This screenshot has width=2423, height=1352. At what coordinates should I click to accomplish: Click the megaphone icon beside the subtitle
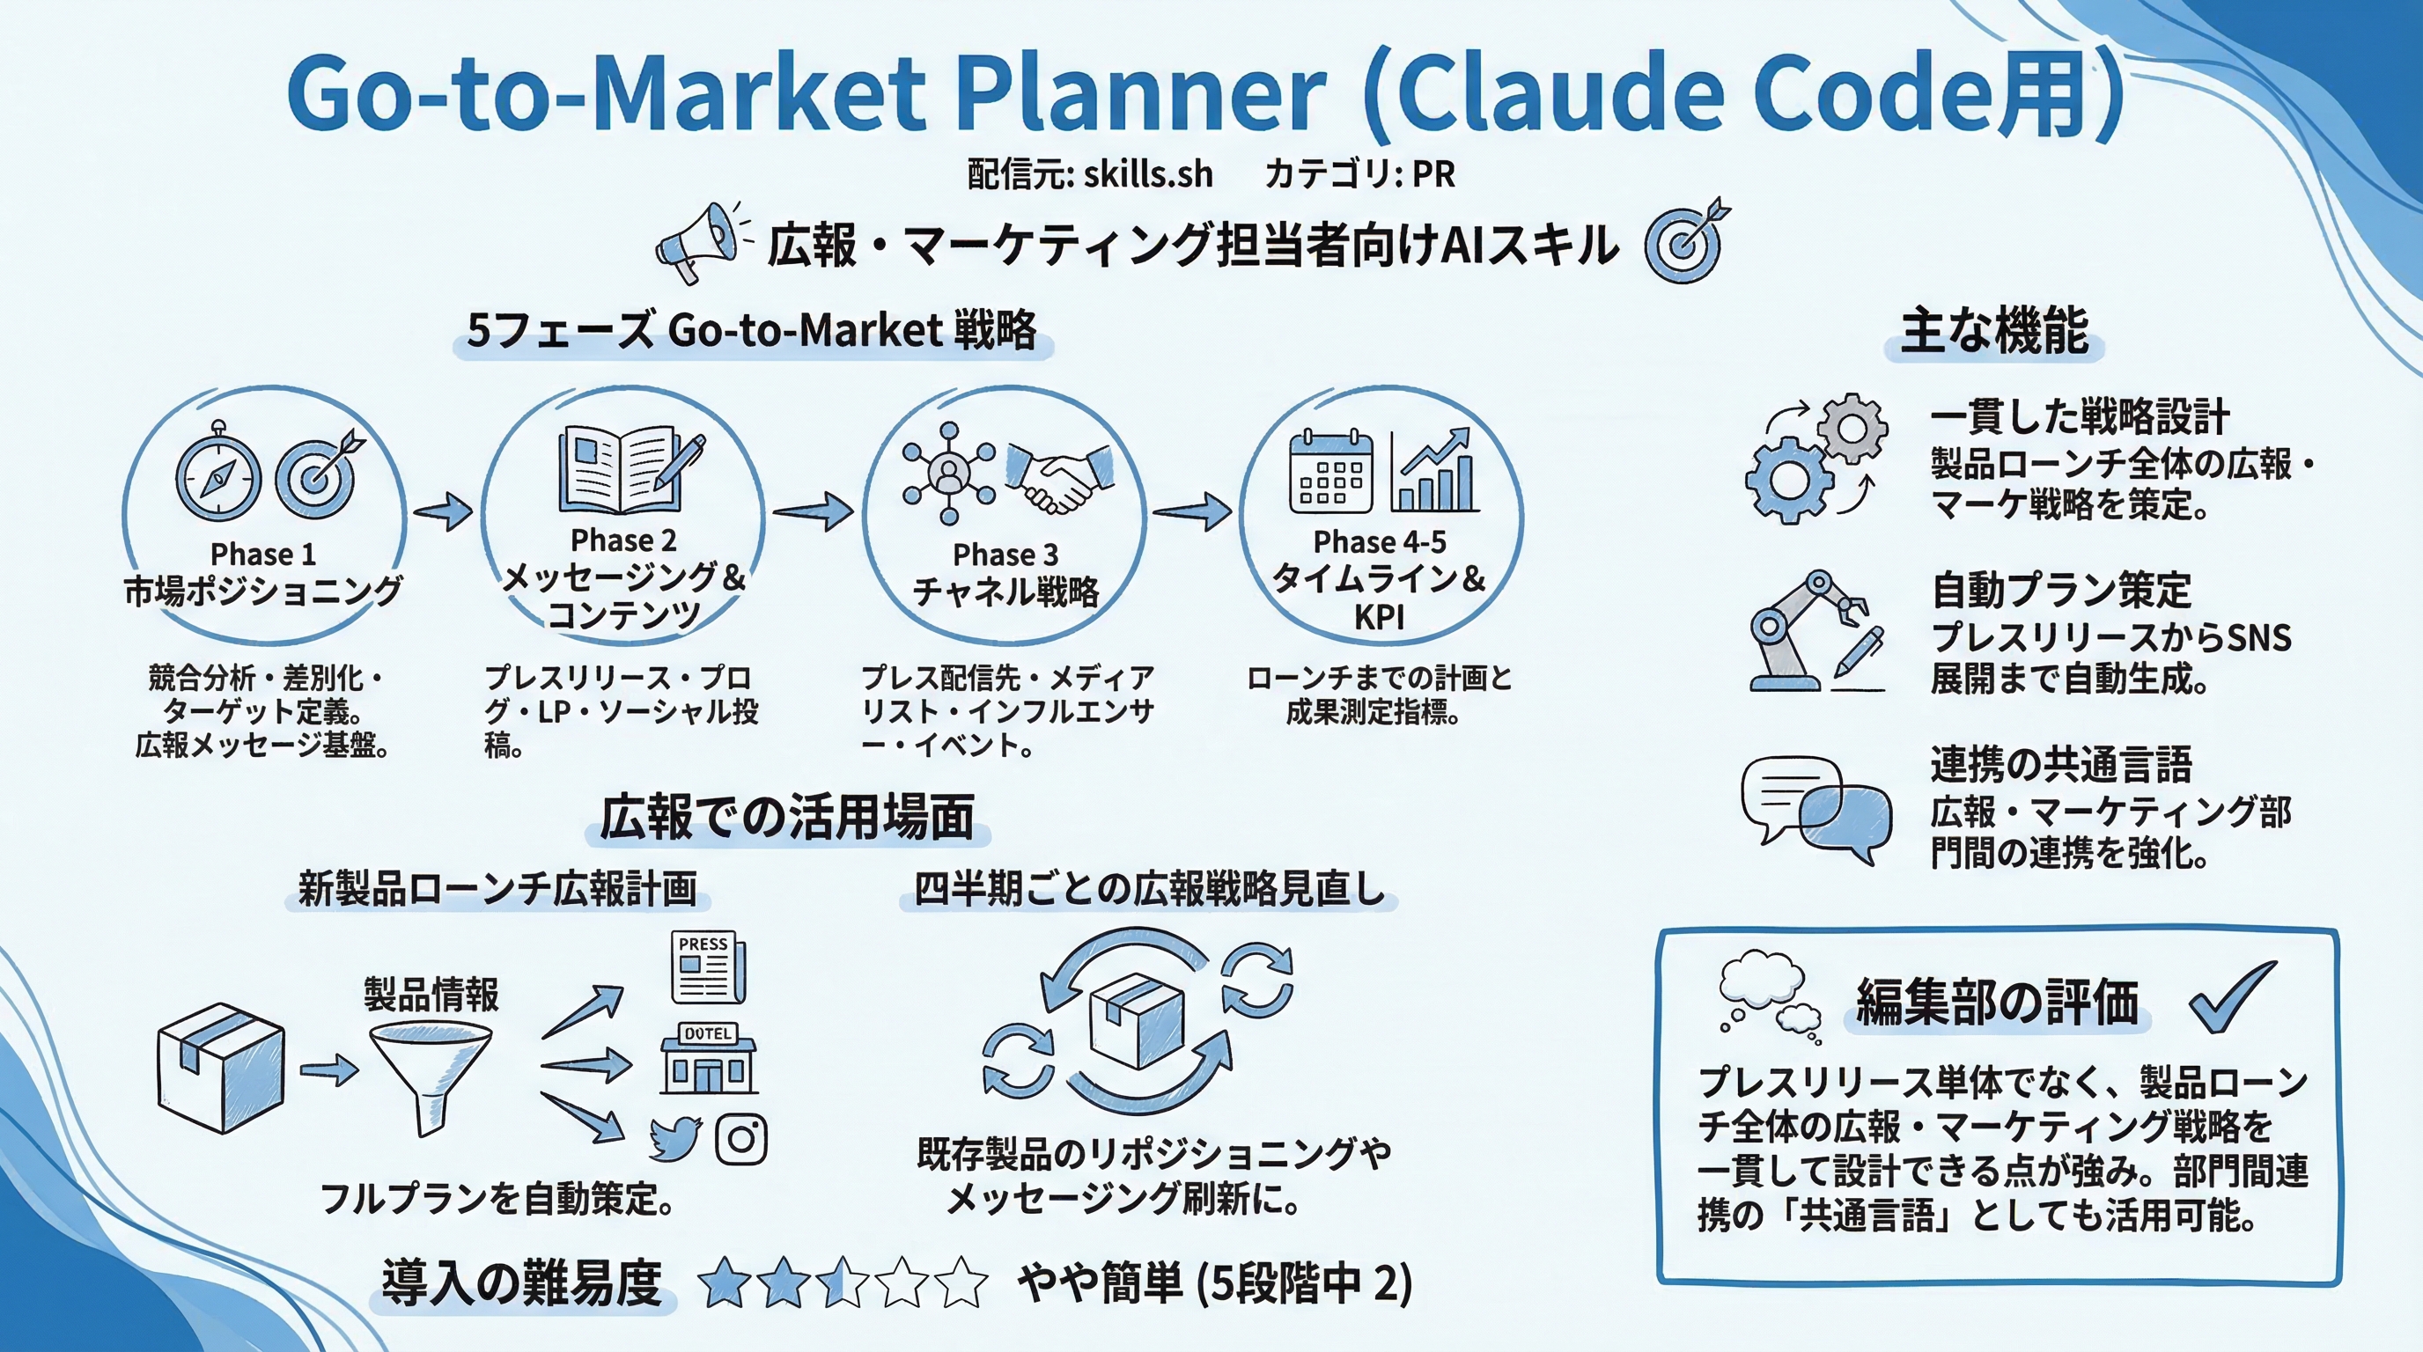(x=698, y=243)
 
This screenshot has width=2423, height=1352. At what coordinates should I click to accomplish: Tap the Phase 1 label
(x=262, y=554)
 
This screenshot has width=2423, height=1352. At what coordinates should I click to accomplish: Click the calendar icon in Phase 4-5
(x=1330, y=472)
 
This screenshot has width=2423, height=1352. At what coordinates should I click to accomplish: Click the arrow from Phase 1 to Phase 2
(x=443, y=512)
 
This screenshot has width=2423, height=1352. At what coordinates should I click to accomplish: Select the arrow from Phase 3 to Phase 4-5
(x=1192, y=512)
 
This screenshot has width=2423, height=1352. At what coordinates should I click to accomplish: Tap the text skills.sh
(x=1147, y=175)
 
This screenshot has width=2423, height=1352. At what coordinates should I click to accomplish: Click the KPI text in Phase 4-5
(x=1379, y=618)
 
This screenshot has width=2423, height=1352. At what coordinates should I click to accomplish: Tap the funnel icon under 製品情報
(x=430, y=1076)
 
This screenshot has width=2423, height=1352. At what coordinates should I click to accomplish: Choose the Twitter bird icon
(x=674, y=1139)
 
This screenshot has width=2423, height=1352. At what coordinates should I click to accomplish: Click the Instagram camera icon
(x=741, y=1139)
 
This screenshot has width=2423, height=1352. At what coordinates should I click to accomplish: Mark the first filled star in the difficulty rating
(x=725, y=1283)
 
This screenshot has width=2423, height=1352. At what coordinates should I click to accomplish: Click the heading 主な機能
(x=1994, y=331)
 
